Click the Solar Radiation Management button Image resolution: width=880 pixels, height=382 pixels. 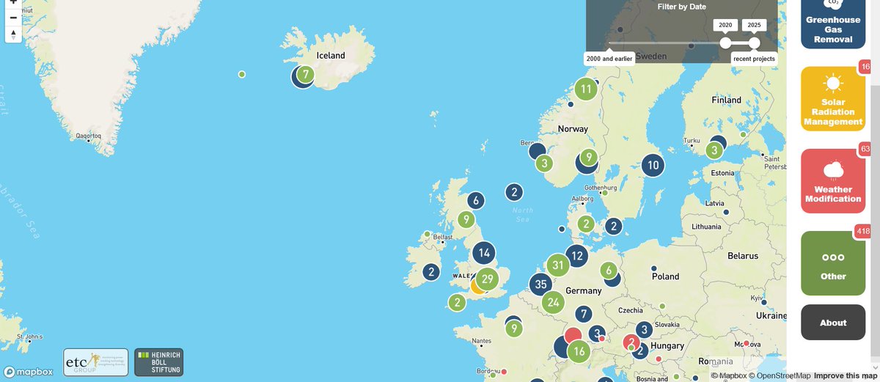coord(833,99)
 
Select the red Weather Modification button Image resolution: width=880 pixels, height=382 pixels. coord(833,181)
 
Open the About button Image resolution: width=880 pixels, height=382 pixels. coord(833,323)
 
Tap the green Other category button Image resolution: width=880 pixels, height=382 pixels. coord(833,263)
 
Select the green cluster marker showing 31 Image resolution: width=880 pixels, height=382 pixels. coord(558,265)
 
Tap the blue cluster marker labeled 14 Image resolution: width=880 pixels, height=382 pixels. coord(483,254)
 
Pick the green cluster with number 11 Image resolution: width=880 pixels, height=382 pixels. coord(585,90)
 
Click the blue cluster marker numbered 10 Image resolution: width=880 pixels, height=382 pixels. coord(653,166)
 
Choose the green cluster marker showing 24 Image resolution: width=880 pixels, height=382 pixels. coord(554,301)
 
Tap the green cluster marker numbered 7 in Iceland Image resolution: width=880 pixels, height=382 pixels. coord(306,74)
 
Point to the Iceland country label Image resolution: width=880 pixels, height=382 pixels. coord(330,55)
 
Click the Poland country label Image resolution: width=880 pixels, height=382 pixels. coord(666,276)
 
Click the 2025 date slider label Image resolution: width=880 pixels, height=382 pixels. coord(754,25)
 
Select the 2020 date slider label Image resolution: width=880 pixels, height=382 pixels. coord(725,25)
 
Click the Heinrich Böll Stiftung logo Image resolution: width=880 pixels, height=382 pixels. coord(158,362)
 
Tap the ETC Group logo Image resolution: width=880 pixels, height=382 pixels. coord(95,362)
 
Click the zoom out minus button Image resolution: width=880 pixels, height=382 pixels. coord(13,17)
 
